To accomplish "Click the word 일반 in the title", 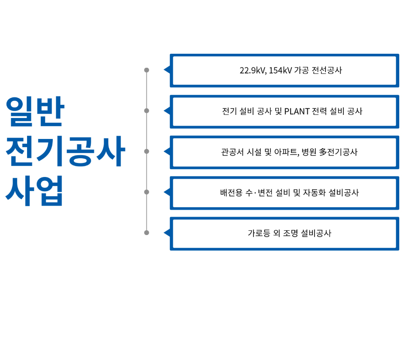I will click(35, 112).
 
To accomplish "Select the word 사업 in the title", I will click(35, 191).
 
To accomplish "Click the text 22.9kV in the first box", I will click(252, 70).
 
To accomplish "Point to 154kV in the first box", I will click(280, 70).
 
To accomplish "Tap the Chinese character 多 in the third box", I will click(323, 152).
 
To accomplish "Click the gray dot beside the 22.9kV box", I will click(147, 70).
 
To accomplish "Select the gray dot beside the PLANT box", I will click(147, 111).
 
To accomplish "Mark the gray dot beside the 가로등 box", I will click(147, 232).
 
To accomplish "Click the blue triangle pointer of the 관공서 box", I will click(166, 151).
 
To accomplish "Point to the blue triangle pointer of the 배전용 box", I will click(166, 192).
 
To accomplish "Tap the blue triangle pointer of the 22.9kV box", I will click(166, 70).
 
